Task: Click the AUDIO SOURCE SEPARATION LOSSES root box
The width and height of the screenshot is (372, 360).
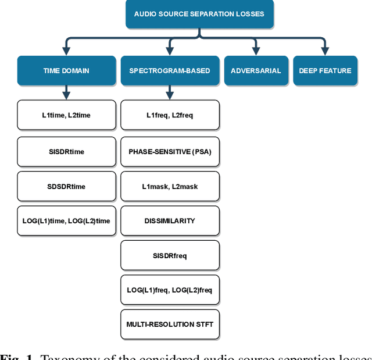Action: pyautogui.click(x=199, y=14)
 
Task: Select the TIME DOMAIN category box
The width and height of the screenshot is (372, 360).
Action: pyautogui.click(x=66, y=71)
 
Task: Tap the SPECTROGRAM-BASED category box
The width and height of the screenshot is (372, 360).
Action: pyautogui.click(x=170, y=71)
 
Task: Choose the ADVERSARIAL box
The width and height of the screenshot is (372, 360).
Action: pyautogui.click(x=256, y=71)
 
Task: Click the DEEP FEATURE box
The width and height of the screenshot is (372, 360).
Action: pyautogui.click(x=325, y=71)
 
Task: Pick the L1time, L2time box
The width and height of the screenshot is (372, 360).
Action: pyautogui.click(x=66, y=115)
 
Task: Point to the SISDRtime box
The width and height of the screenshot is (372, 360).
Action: pyautogui.click(x=66, y=152)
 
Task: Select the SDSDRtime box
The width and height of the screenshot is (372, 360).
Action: pyautogui.click(x=66, y=186)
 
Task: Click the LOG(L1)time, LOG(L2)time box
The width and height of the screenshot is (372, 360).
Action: pyautogui.click(x=66, y=221)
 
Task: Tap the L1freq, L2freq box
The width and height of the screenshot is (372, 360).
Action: pyautogui.click(x=170, y=115)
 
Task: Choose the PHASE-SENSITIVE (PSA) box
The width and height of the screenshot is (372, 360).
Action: pyautogui.click(x=170, y=152)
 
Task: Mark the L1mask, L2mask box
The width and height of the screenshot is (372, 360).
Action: pyautogui.click(x=170, y=186)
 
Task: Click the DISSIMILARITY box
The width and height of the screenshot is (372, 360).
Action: pyautogui.click(x=170, y=221)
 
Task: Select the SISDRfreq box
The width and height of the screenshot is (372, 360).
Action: pyautogui.click(x=170, y=255)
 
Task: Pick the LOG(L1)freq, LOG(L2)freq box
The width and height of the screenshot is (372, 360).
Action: pyautogui.click(x=170, y=290)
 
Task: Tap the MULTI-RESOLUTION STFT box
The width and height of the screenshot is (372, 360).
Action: pyautogui.click(x=170, y=324)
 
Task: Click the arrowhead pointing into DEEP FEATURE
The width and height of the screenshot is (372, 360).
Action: pyautogui.click(x=325, y=51)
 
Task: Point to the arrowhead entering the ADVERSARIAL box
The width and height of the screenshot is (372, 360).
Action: pyautogui.click(x=256, y=51)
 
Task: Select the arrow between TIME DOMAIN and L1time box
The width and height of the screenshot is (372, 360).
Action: pyautogui.click(x=66, y=92)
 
